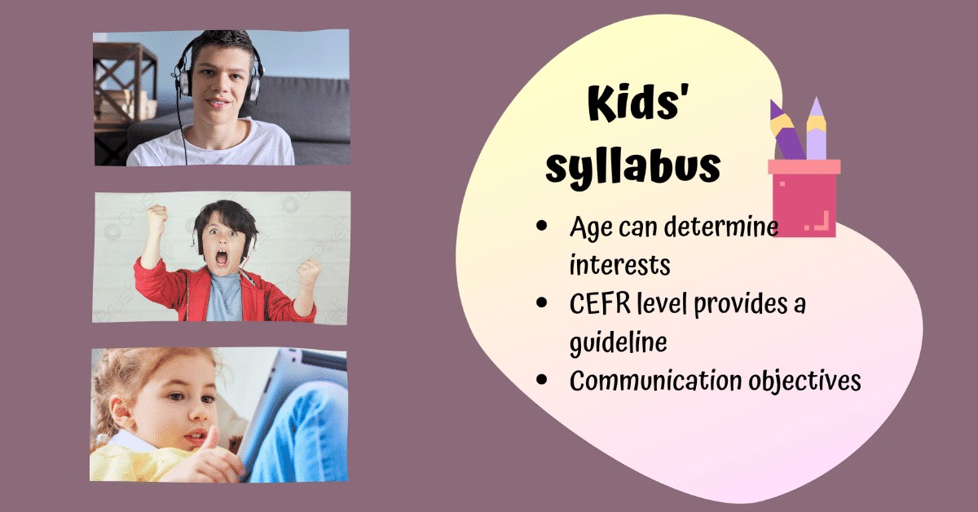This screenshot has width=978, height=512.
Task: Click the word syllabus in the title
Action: (x=633, y=166)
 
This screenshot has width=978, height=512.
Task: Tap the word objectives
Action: (x=800, y=381)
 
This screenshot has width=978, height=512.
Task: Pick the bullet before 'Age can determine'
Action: (x=542, y=227)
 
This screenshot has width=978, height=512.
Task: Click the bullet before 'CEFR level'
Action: (x=542, y=304)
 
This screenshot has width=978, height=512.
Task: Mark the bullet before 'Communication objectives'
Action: (x=542, y=381)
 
